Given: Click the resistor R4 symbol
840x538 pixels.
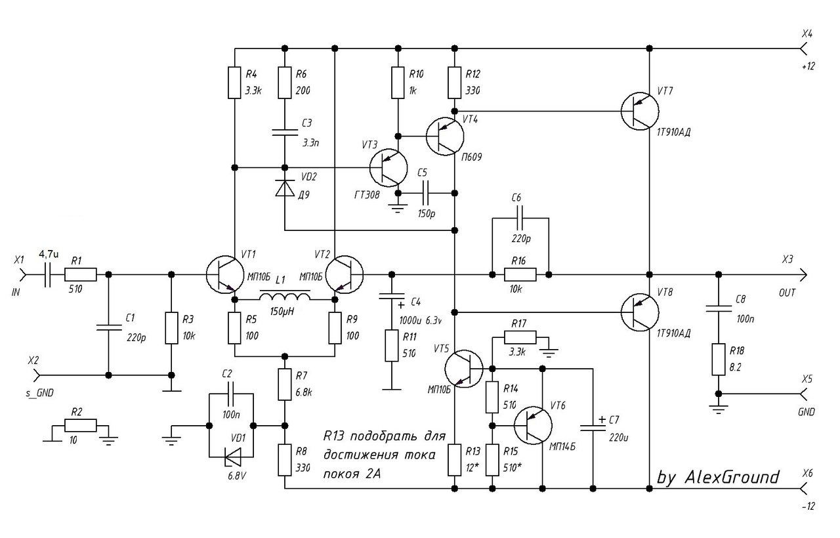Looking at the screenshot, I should coord(234,83).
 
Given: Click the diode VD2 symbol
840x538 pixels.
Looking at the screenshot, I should coord(284,189).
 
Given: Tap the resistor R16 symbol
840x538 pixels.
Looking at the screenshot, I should coord(520,274).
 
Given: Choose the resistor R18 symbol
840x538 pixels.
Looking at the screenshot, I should coord(718,358).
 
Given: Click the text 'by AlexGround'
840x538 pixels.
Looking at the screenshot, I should coord(718,477).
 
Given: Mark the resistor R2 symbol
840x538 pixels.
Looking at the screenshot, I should coord(81,424).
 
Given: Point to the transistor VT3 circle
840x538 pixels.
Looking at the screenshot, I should coord(388,167).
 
